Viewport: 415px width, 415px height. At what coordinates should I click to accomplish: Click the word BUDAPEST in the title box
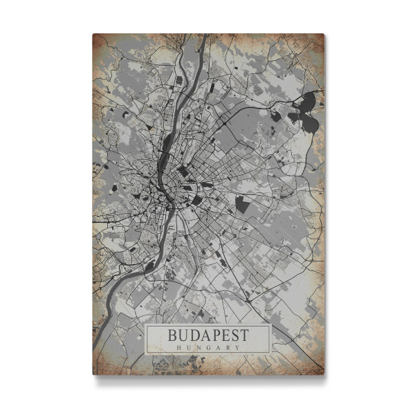(x=207, y=335)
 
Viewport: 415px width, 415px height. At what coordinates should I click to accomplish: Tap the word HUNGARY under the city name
(x=207, y=347)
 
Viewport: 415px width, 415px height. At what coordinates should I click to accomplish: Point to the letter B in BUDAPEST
(x=173, y=335)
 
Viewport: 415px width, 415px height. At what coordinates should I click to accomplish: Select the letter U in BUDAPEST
(x=183, y=335)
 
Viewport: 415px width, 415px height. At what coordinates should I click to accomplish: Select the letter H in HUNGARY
(x=178, y=347)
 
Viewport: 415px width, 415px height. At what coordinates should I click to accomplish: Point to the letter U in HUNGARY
(x=188, y=347)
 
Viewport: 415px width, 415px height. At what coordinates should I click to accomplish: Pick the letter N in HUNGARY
(x=198, y=347)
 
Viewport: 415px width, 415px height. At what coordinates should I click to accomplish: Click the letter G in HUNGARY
(x=207, y=347)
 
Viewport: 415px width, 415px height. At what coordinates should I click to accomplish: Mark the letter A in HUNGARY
(x=217, y=347)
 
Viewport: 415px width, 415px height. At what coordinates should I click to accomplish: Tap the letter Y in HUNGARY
(x=237, y=347)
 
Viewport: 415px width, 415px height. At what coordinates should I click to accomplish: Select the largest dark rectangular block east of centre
(x=242, y=204)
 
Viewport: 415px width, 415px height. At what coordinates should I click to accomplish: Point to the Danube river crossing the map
(x=166, y=149)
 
